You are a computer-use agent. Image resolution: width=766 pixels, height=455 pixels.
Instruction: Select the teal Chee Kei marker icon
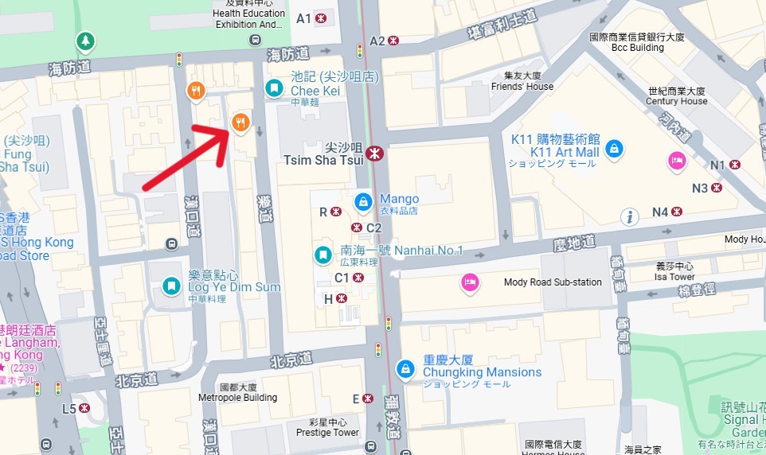coord(274,87)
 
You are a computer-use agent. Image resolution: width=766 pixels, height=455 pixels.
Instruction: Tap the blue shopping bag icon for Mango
coord(363,200)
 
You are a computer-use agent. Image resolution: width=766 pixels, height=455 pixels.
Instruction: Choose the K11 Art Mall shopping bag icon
coord(613,148)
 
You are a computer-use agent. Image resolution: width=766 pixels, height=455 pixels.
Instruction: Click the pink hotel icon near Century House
coord(677,159)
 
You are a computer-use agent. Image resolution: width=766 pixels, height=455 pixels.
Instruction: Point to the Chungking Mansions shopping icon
coord(405,368)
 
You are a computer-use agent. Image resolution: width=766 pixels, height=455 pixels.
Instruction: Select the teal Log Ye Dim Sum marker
coord(171,286)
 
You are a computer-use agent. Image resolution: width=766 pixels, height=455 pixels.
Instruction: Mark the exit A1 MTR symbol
coord(321,17)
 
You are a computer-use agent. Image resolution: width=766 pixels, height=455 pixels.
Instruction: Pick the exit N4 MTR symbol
coord(677,212)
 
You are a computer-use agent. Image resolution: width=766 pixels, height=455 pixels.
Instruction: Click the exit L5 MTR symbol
coord(84,408)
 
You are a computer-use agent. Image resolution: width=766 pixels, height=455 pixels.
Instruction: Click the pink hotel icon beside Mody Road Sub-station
coord(470,282)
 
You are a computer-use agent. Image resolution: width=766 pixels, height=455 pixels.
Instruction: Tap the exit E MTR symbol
coord(368,399)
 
